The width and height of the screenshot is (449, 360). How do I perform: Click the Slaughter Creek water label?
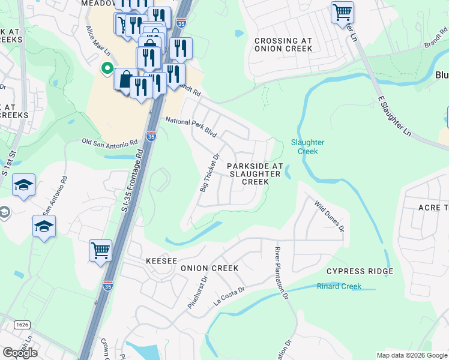(307, 146)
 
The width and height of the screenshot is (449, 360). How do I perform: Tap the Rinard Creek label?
(339, 286)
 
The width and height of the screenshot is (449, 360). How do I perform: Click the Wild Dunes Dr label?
(329, 216)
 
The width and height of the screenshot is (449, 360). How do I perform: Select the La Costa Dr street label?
(230, 297)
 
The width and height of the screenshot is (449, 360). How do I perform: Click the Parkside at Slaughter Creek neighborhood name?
(254, 173)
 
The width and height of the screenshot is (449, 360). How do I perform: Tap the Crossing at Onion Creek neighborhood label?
(283, 44)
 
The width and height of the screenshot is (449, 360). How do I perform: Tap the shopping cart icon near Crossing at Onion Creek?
(342, 11)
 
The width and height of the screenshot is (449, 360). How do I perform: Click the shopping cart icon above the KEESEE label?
(100, 250)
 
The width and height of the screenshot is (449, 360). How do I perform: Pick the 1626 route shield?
(22, 325)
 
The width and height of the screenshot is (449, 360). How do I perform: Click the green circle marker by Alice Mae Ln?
(107, 68)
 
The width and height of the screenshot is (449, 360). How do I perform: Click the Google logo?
(20, 352)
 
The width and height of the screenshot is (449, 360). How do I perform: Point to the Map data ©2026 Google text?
(411, 355)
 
